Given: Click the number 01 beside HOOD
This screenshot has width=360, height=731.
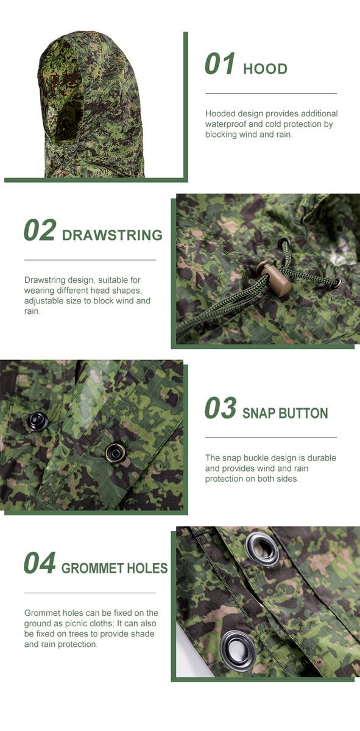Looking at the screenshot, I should tap(220, 65).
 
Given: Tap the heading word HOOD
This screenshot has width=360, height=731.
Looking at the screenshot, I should tap(265, 69).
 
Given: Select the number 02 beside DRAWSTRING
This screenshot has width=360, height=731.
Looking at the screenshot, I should tap(40, 230).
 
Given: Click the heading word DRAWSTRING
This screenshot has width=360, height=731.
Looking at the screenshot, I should tap(112, 235).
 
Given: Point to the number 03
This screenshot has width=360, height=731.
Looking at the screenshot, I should tap(220, 408).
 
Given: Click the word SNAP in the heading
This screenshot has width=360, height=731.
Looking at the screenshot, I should tap(259, 413).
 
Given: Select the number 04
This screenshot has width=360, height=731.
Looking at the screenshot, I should tap(40, 563).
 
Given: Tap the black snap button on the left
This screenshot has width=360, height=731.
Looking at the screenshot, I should tap(38, 421).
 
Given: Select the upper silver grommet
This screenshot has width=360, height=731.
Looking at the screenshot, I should tap(263, 547).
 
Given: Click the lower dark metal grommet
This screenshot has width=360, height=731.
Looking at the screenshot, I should tap(237, 650).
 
